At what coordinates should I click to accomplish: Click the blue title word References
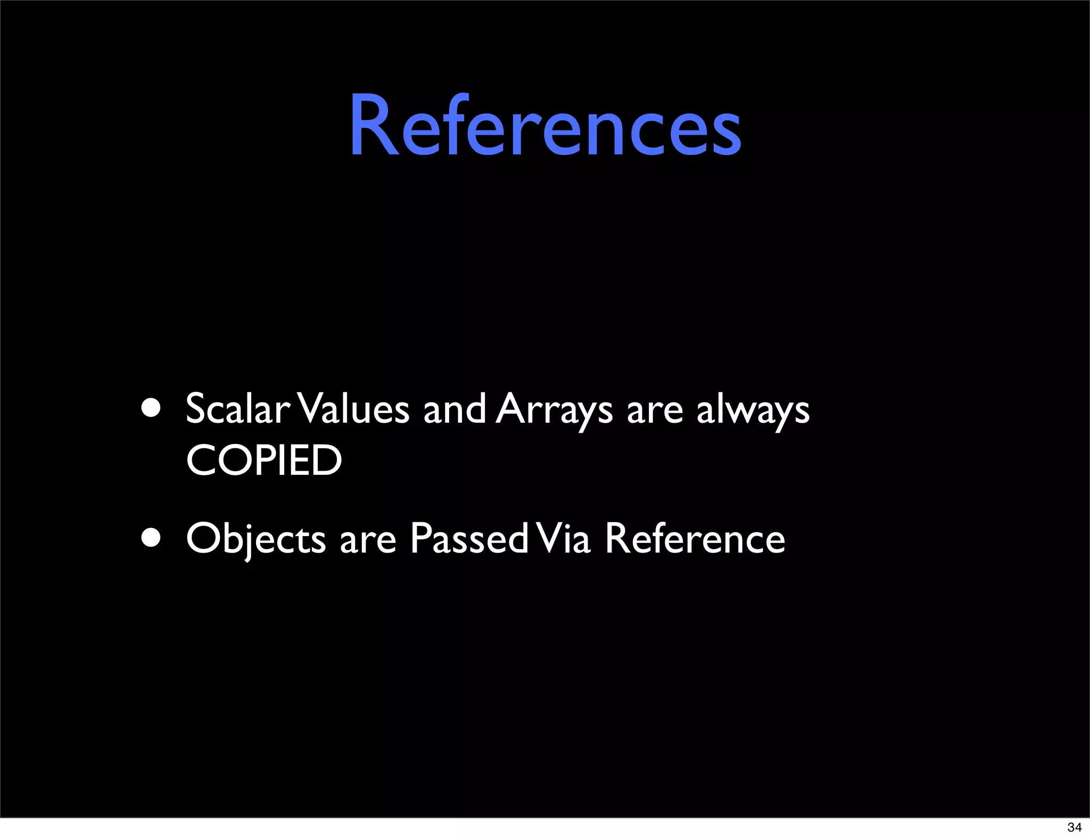point(544,126)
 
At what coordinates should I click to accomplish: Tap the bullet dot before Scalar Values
point(151,408)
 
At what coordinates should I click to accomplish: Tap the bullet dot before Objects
point(151,538)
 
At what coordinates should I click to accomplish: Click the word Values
point(354,409)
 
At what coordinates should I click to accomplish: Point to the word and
point(454,409)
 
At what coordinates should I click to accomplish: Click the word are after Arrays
point(655,411)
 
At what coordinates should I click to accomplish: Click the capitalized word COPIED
point(264,460)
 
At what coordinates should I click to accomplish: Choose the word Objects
point(255,539)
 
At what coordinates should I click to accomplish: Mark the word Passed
point(469,538)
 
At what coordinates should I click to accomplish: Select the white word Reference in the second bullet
point(695,538)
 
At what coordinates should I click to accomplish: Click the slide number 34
point(1074,827)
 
